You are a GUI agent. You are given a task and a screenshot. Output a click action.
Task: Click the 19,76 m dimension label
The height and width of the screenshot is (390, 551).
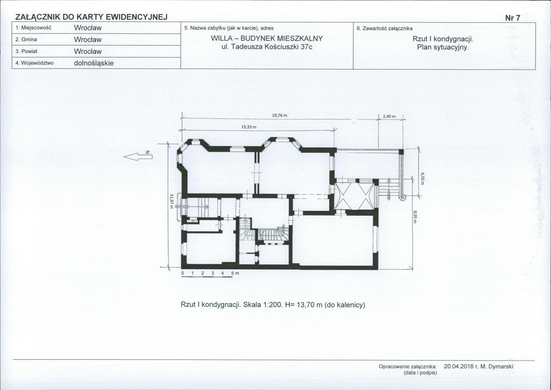[x=280, y=115]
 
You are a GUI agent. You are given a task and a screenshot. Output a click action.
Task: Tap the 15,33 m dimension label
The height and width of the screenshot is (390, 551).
[x=248, y=127]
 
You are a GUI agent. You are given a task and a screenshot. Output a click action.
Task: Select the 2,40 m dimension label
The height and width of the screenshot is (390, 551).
[x=389, y=116]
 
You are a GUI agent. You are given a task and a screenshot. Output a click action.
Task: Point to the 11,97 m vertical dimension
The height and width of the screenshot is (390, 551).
[x=172, y=201]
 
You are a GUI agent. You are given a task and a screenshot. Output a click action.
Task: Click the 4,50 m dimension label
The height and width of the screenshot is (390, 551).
[x=423, y=178]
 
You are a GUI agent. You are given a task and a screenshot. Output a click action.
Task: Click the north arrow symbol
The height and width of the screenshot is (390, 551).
[x=138, y=157]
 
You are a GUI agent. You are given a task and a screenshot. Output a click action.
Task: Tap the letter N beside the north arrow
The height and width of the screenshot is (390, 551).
[x=148, y=152]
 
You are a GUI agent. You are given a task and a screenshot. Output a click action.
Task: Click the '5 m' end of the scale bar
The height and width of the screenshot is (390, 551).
[x=235, y=273]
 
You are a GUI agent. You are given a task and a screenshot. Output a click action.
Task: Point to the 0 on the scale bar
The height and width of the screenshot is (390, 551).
[x=183, y=273]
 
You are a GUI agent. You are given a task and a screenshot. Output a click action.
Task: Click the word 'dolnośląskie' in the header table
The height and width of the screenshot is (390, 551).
[x=94, y=63]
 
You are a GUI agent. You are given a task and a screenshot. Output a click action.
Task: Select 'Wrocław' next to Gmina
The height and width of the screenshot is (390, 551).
[x=87, y=40]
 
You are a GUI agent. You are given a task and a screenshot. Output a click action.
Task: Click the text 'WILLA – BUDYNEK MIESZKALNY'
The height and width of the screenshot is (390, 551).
[x=267, y=38]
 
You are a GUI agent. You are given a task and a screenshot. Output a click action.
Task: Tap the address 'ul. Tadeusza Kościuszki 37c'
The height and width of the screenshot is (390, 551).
[x=267, y=47]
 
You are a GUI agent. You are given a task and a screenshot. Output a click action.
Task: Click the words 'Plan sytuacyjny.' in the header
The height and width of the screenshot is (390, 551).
[x=443, y=47]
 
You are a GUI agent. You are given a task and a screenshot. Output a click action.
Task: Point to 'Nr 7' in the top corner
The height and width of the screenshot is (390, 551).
[x=513, y=18]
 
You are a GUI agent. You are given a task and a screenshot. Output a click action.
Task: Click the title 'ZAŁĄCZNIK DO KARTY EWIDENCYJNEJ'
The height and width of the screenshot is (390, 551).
[x=92, y=17]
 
